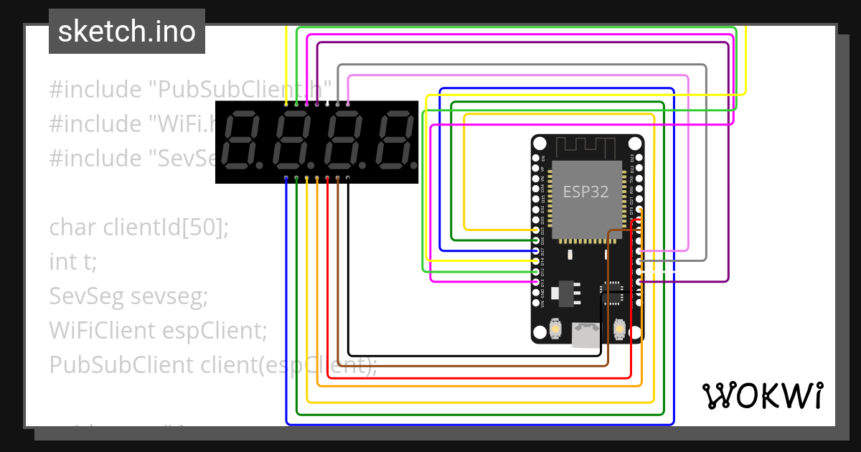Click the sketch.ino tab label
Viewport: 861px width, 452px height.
pyautogui.click(x=127, y=32)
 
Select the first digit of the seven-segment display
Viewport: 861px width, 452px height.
pyautogui.click(x=242, y=139)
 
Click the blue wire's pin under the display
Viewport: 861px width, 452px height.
pyautogui.click(x=286, y=177)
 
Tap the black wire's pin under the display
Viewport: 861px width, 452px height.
pyautogui.click(x=348, y=177)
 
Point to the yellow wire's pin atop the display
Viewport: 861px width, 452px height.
pyautogui.click(x=286, y=105)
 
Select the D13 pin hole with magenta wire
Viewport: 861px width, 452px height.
pyautogui.click(x=536, y=282)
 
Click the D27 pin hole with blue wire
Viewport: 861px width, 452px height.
pyautogui.click(x=536, y=251)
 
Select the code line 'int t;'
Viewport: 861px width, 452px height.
pyautogui.click(x=72, y=262)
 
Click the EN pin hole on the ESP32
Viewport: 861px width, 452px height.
pyautogui.click(x=536, y=157)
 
